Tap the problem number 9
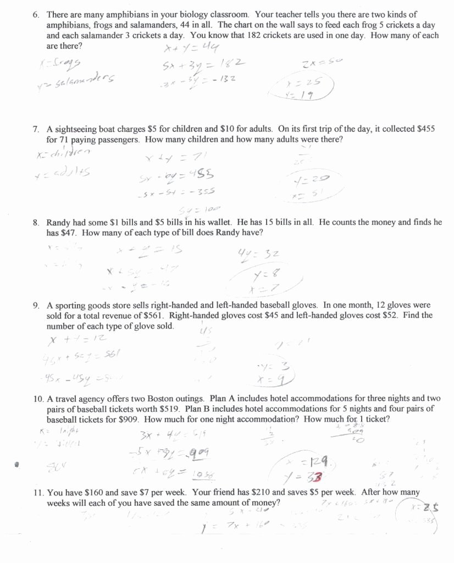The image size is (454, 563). (36, 305)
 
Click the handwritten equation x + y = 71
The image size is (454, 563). (173, 158)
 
